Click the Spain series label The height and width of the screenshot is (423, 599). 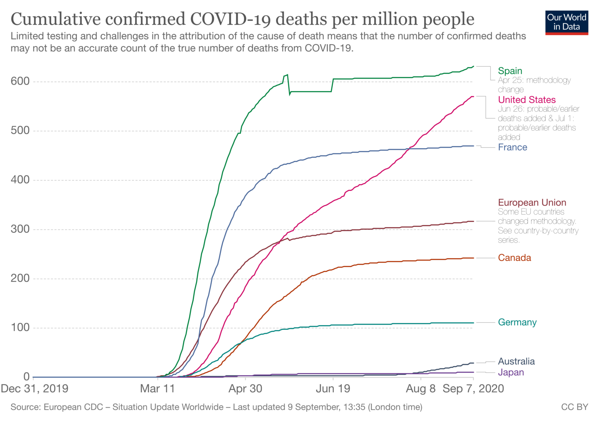pyautogui.click(x=510, y=71)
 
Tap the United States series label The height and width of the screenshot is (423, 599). pyautogui.click(x=526, y=100)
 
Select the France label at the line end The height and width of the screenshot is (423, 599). pyautogui.click(x=512, y=147)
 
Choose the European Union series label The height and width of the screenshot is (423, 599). pyautogui.click(x=532, y=203)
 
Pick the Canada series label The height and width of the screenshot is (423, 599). pyautogui.click(x=514, y=258)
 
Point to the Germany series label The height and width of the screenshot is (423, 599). pyautogui.click(x=517, y=323)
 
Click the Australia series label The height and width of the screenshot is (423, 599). pyautogui.click(x=516, y=361)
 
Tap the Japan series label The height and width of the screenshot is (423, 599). pyautogui.click(x=511, y=373)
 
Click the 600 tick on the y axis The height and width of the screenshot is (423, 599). pyautogui.click(x=20, y=81)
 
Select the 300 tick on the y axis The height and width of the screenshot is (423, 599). pyautogui.click(x=20, y=229)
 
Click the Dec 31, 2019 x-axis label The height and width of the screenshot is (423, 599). pyautogui.click(x=35, y=389)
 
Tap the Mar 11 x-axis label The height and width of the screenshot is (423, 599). pyautogui.click(x=158, y=389)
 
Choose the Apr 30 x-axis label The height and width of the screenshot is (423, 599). pyautogui.click(x=245, y=389)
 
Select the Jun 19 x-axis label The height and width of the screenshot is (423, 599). pyautogui.click(x=333, y=389)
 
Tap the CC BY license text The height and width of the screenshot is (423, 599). pyautogui.click(x=574, y=407)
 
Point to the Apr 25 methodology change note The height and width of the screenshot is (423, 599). pyautogui.click(x=534, y=85)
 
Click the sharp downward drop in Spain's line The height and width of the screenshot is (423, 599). pyautogui.click(x=289, y=85)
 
